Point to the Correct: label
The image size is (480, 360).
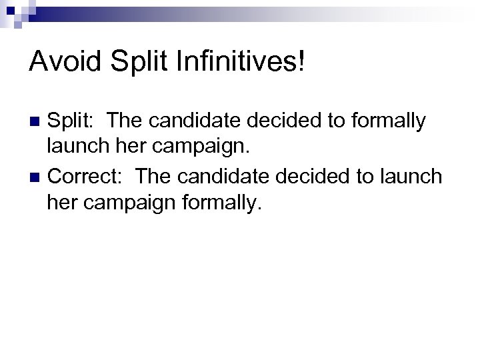tap(86, 177)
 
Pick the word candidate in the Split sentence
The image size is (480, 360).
tap(196, 121)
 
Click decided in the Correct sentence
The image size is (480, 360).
tap(319, 177)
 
